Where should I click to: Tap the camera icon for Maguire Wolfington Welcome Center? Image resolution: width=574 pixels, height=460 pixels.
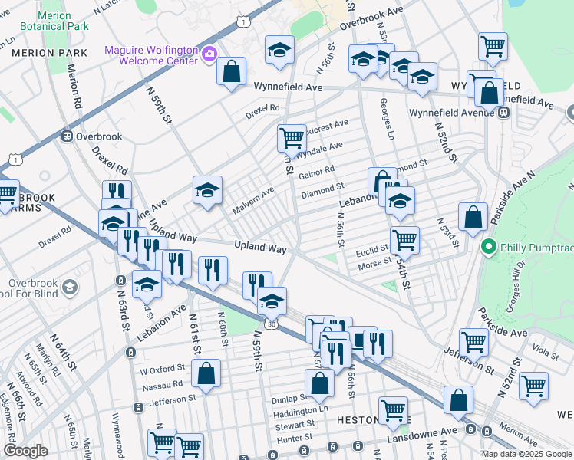pos(209,53)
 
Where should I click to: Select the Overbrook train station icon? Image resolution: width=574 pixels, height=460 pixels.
pos(67,136)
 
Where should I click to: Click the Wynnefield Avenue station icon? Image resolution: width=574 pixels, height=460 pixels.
pos(504,113)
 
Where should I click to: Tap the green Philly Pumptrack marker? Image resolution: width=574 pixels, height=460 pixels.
pos(487,248)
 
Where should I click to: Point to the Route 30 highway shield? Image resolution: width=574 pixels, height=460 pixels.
pos(271,325)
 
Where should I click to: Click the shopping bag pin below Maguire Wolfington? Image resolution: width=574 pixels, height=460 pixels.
pos(230,73)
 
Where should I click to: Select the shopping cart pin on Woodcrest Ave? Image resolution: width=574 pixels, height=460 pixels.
pos(292,139)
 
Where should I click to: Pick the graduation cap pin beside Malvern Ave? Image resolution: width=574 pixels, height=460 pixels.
pos(206,191)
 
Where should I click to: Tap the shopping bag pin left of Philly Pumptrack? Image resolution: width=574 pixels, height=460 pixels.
pos(473,218)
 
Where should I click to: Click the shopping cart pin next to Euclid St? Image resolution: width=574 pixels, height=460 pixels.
pos(404,239)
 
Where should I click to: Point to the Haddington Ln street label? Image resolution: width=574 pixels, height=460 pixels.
pos(302,410)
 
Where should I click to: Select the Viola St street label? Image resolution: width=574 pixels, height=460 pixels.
pos(546,355)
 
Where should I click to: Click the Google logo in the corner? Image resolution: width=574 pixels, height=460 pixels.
pos(25,451)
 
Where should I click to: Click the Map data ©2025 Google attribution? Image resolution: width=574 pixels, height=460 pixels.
pos(526,454)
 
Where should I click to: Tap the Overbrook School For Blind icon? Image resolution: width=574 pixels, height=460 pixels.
pos(69,287)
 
